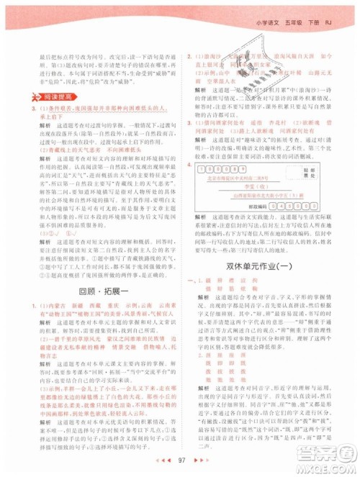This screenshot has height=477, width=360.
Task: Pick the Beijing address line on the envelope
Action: click(245, 177)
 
